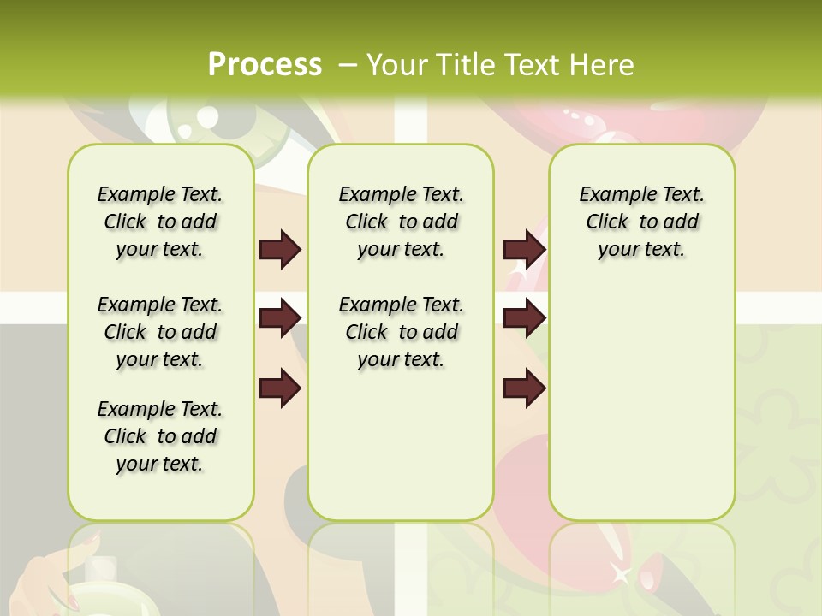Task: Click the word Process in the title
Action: tap(265, 65)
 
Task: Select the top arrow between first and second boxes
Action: tap(280, 250)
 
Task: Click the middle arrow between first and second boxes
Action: tap(280, 318)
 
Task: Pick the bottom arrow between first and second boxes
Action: tap(280, 389)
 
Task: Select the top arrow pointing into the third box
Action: tap(524, 250)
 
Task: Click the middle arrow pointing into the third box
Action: tap(524, 318)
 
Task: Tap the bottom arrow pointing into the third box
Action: tap(524, 389)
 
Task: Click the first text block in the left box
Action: tap(160, 222)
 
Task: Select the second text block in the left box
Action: tap(160, 332)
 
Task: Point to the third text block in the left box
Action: tap(160, 436)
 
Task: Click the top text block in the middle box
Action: tap(401, 222)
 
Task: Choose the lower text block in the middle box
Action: tap(401, 332)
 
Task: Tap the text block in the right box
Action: tap(641, 222)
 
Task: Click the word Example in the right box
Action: tap(610, 195)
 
